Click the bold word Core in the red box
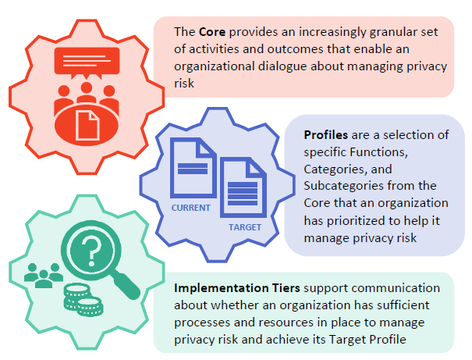coord(212,32)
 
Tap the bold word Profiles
coord(325,135)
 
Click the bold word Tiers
coord(286,288)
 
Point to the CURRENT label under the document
coord(191,208)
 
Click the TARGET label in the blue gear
coord(245,227)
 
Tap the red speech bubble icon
coord(87,62)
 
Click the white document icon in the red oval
coord(87,125)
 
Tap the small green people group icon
coord(44,276)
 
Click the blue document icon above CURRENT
coord(193,168)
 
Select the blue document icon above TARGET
coord(243,187)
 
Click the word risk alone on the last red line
coord(184,84)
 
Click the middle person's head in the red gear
coord(87,87)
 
